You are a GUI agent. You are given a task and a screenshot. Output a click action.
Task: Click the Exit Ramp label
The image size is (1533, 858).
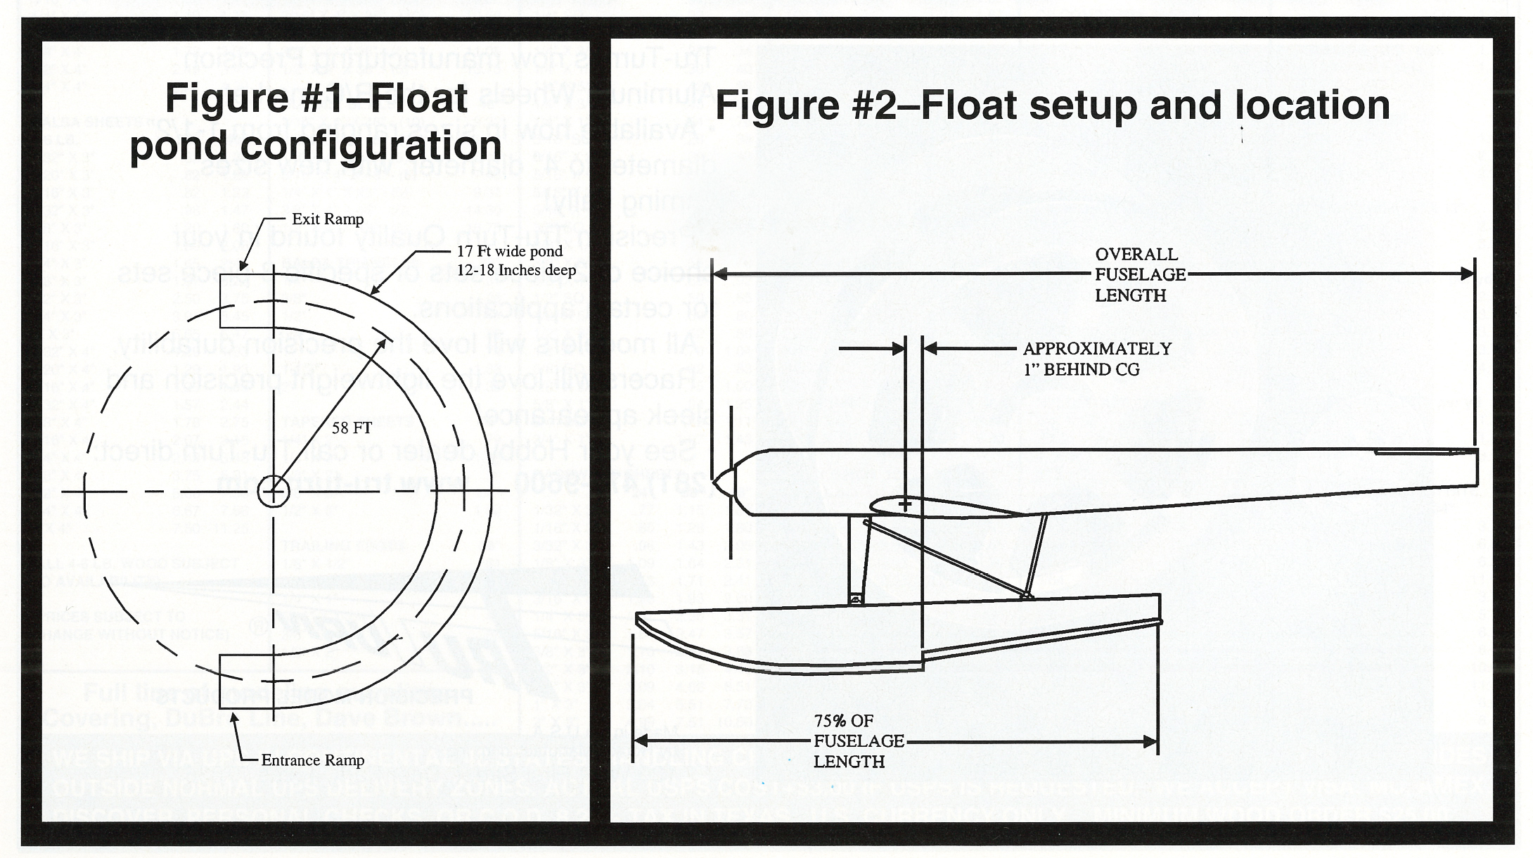328,219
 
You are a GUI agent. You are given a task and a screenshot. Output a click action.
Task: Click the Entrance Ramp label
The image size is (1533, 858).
312,760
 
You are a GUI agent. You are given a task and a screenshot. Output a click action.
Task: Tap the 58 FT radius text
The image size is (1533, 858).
352,428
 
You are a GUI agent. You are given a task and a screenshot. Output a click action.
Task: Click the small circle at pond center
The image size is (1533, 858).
273,491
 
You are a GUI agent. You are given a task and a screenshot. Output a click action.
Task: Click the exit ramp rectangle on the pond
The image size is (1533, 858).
246,301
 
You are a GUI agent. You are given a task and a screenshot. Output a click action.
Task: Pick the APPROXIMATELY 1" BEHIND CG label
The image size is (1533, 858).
1097,359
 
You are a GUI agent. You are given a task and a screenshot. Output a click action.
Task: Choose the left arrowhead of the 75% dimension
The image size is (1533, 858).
641,741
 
